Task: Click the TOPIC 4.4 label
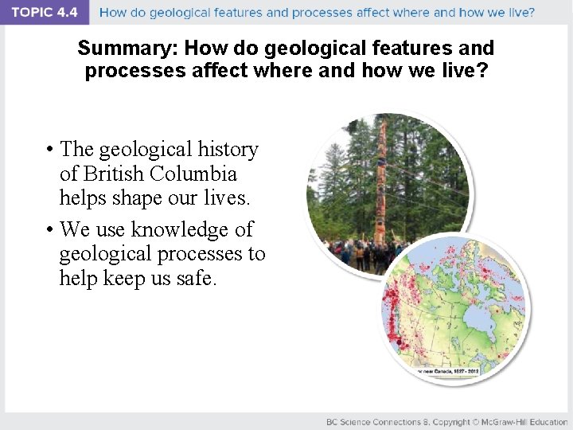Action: (x=45, y=13)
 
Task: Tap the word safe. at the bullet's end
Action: (x=193, y=279)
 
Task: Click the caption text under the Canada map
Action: (x=446, y=370)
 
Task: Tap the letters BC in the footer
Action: (x=332, y=422)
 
